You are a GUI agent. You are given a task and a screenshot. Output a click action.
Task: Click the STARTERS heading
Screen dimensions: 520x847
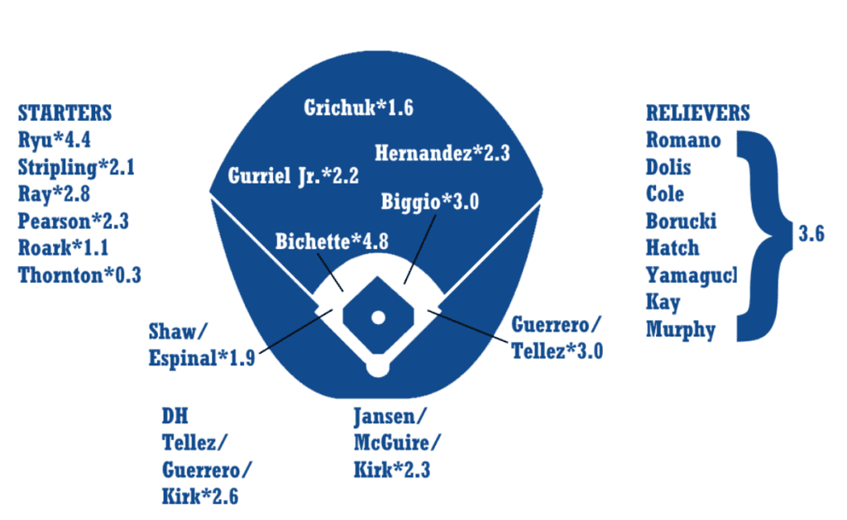click(65, 113)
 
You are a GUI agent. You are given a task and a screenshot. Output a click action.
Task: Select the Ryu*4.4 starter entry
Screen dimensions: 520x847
click(55, 141)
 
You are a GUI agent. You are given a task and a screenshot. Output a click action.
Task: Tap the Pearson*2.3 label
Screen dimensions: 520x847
click(74, 221)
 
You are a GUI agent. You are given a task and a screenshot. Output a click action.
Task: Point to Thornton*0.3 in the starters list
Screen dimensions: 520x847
click(79, 274)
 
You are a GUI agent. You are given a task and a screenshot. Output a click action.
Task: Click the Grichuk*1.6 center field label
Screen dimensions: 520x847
click(358, 108)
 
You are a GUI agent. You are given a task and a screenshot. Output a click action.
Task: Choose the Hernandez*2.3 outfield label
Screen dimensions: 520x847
click(442, 153)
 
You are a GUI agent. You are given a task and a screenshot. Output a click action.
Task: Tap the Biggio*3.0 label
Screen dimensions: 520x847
click(430, 201)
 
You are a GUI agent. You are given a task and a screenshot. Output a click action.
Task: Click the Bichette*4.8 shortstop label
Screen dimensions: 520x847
click(332, 241)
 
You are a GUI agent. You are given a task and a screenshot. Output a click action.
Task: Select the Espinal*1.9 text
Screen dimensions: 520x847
click(202, 359)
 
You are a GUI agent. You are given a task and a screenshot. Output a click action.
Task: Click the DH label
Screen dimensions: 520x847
click(175, 415)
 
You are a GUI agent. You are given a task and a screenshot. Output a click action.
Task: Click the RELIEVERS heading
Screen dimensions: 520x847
click(698, 113)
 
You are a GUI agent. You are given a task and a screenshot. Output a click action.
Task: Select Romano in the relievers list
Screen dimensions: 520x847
click(683, 140)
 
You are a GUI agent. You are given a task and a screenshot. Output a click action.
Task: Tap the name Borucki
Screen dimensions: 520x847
click(682, 221)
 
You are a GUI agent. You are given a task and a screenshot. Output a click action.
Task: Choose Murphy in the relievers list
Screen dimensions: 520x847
click(681, 329)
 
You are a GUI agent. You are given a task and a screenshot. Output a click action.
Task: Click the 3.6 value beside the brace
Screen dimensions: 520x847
click(811, 234)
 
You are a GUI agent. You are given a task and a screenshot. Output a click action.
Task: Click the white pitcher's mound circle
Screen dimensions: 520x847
click(378, 317)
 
